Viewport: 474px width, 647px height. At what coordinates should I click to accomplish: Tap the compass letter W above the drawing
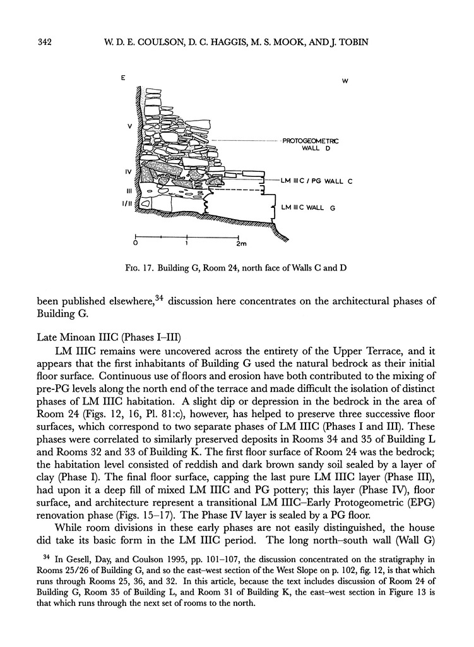pos(345,81)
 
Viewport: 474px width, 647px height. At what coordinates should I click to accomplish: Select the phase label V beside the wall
pos(129,126)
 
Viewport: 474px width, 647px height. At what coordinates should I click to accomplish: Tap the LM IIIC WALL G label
pos(307,207)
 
